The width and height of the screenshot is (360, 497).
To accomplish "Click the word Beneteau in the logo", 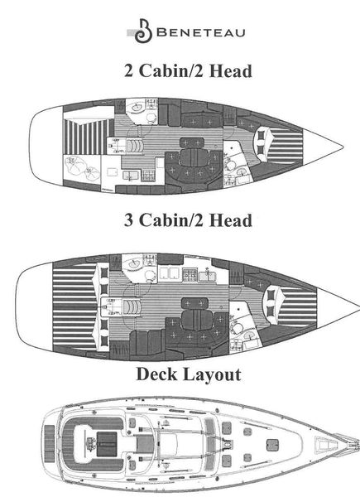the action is pos(201,32).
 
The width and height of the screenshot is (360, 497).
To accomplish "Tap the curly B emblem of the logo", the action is pos(143,31).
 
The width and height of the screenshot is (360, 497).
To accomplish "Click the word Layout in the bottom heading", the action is pos(212,375).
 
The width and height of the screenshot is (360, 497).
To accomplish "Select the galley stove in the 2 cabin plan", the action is pos(148,176).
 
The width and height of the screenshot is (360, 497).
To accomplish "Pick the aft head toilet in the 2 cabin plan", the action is pos(152,118).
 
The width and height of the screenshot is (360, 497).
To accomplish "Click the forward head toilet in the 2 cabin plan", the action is pos(231,165).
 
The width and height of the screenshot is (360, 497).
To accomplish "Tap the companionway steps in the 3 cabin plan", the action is pos(132,306).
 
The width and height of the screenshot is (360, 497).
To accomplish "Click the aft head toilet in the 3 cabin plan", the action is pos(150,276).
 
